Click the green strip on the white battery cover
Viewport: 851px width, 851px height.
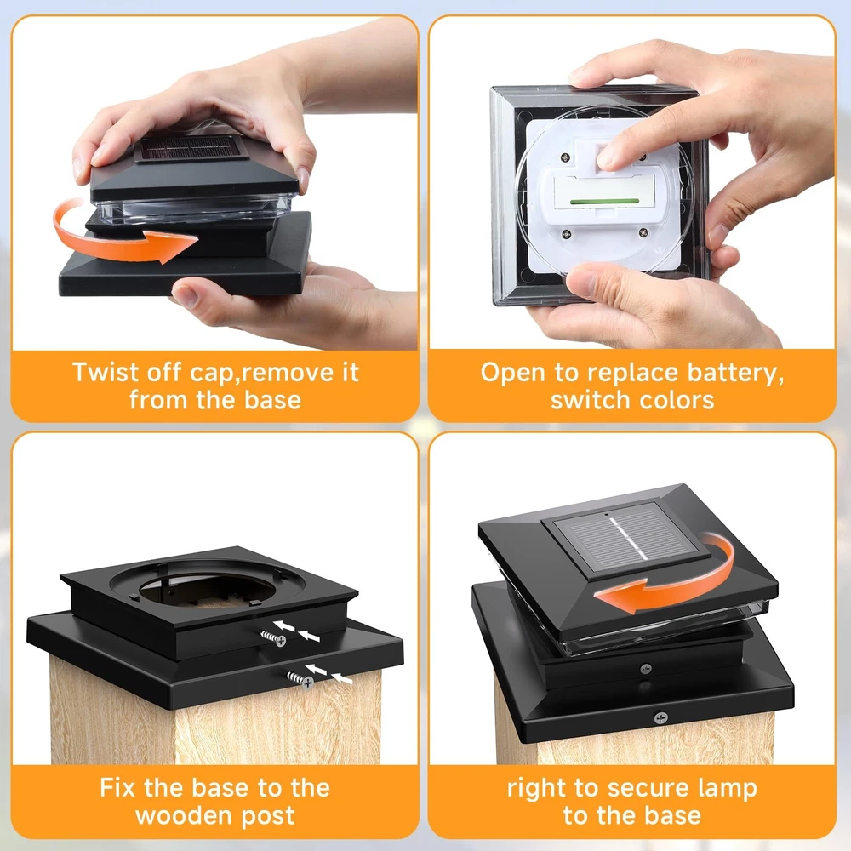604,201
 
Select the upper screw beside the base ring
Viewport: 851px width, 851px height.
273,638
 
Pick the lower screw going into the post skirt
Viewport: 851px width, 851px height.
300,679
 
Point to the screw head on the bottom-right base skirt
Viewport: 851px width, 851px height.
660,718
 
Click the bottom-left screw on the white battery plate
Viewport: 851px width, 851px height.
566,234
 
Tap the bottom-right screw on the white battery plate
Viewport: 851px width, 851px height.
643,232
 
